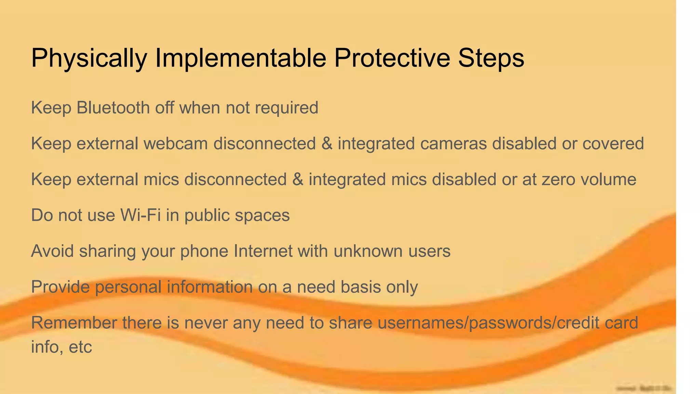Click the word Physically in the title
coord(89,58)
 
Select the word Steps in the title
coord(491,58)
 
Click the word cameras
coord(453,143)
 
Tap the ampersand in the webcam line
coord(327,143)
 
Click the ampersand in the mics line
coord(298,179)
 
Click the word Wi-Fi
coord(140,215)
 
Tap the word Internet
coord(263,251)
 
